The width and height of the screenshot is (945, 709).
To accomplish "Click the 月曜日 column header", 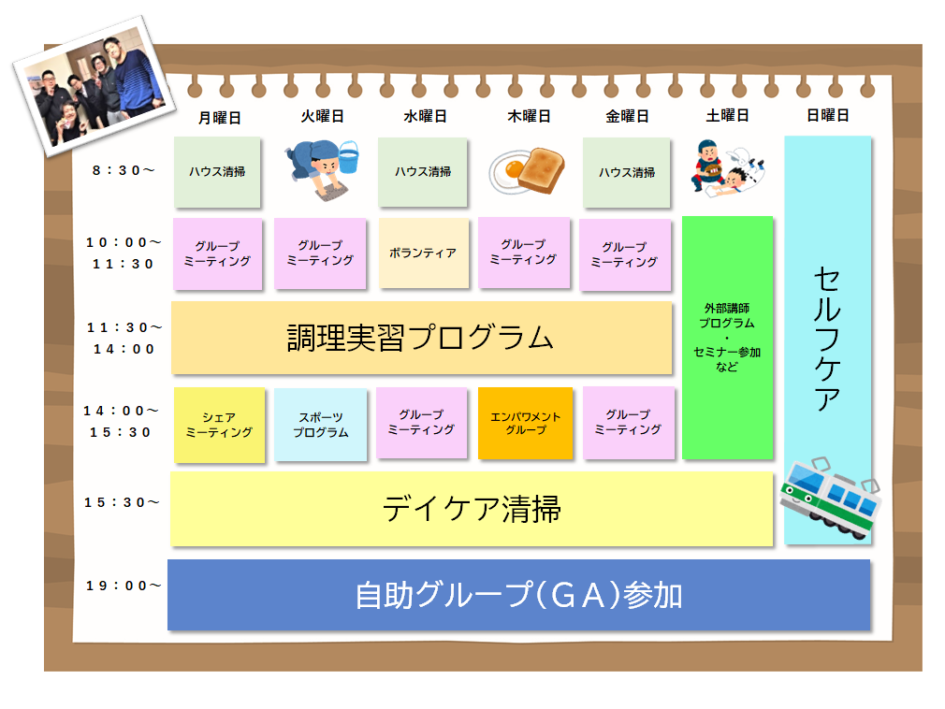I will click(220, 117).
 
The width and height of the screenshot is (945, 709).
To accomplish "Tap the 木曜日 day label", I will click(529, 117).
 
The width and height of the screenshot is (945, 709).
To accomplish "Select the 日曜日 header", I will click(827, 116).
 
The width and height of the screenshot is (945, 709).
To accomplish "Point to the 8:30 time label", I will click(124, 170).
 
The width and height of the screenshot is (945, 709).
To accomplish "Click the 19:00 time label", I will click(124, 586).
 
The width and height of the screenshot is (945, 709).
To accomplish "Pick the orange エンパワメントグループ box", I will click(525, 423).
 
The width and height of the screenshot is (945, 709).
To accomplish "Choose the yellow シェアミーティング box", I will click(219, 425).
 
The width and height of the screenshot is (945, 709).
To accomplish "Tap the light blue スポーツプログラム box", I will click(320, 425).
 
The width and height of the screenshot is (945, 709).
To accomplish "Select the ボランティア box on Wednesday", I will click(423, 253).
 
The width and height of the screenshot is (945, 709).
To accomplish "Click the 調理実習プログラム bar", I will click(421, 338).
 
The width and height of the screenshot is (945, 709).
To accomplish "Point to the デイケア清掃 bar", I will click(471, 509).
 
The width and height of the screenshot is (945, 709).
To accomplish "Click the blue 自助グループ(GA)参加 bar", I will click(518, 595).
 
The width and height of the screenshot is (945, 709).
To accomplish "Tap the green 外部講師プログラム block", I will click(727, 338).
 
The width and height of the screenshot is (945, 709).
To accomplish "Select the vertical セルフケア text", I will click(827, 337).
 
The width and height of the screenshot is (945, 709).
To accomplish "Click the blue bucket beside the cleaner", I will click(347, 156).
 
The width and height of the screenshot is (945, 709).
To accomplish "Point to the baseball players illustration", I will click(729, 168).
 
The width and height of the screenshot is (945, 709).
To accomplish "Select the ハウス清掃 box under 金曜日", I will click(626, 172).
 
